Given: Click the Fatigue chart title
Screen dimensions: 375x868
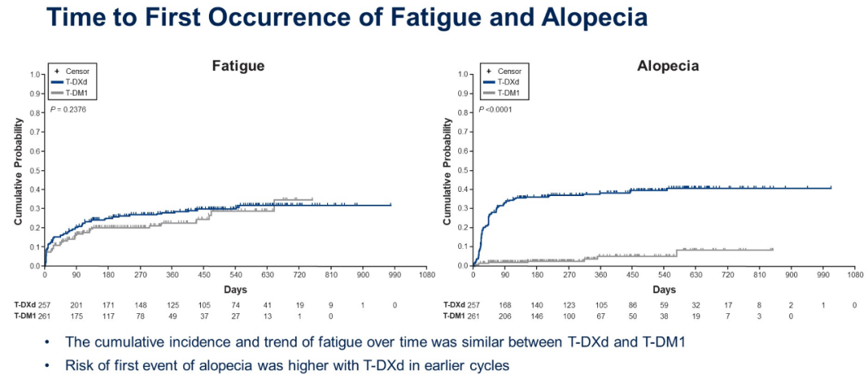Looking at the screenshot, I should click(x=238, y=66).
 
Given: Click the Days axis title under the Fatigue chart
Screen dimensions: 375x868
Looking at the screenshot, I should click(x=235, y=289).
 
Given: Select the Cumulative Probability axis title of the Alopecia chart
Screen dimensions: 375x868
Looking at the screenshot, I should click(x=447, y=170).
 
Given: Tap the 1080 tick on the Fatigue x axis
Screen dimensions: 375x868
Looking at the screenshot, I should click(x=426, y=275).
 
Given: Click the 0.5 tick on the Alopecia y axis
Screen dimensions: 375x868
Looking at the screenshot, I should click(x=464, y=170).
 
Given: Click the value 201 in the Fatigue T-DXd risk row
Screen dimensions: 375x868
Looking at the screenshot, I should click(x=76, y=305).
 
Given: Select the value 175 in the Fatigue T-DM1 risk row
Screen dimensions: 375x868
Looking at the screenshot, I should click(x=76, y=316).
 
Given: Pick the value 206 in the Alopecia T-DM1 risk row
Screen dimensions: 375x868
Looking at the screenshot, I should click(x=505, y=316).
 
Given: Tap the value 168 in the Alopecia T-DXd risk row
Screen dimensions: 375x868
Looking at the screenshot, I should click(x=505, y=305).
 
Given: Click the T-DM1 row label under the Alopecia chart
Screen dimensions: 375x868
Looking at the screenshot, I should click(x=456, y=316).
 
